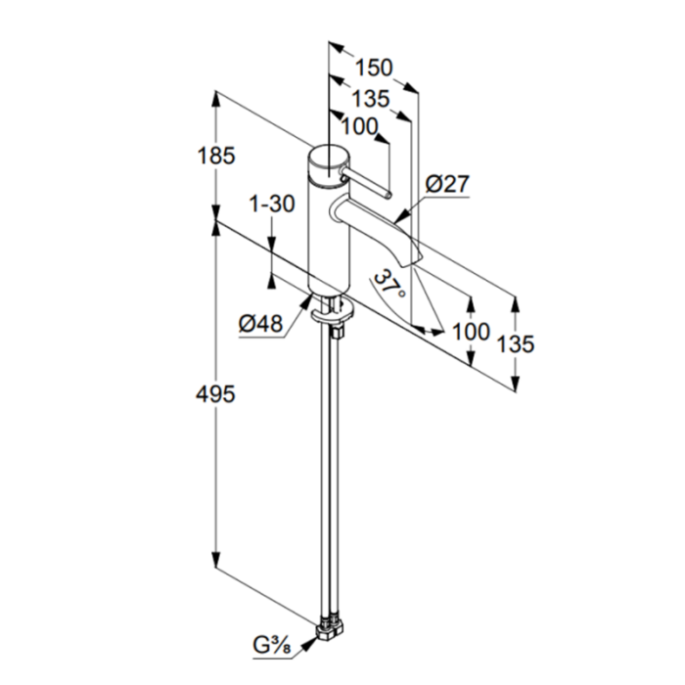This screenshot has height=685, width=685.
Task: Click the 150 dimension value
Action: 374,68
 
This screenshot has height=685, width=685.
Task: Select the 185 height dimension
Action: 216,156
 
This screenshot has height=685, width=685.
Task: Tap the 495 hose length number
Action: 215,394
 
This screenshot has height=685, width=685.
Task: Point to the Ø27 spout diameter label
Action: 447,184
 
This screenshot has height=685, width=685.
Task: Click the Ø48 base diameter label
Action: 261,324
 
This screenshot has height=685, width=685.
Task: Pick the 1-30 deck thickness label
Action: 272,204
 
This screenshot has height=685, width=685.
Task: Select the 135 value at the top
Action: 371,99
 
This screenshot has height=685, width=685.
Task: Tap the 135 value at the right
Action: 516,344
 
